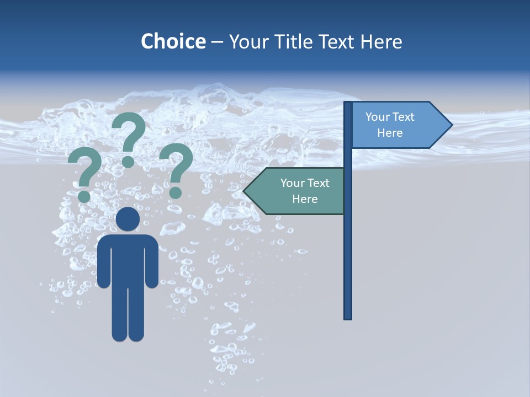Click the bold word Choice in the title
[x=173, y=41]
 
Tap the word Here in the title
[x=381, y=41]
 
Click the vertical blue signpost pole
[x=348, y=248]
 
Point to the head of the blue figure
[x=128, y=219]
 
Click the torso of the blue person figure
[x=128, y=259]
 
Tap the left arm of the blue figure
[x=103, y=262]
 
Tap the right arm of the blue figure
[x=152, y=262]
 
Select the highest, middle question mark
[x=129, y=132]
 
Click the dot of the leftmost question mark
[x=84, y=196]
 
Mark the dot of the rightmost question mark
[x=175, y=192]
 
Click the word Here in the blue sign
[x=390, y=133]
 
